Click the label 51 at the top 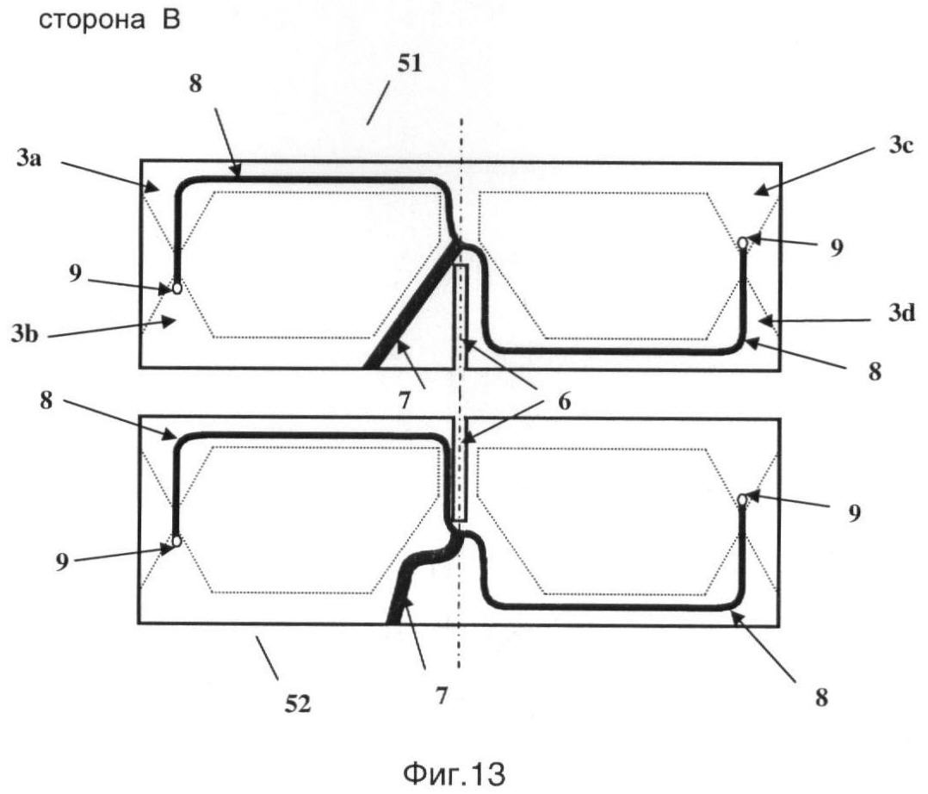coord(410,63)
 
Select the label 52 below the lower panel coord(297,704)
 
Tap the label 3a coord(29,158)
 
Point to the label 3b coord(25,334)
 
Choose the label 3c coord(901,146)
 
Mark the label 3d coord(901,312)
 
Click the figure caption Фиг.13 coord(454,773)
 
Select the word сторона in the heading coord(91,20)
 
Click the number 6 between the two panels coord(565,401)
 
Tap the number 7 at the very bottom coord(442,696)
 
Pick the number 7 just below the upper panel coord(405,401)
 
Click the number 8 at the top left coord(195,84)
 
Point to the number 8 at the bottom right coord(821,698)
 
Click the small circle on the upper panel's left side coord(177,288)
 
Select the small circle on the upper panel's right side coord(742,243)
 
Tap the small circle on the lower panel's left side coord(176,541)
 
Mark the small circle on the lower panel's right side coord(741,500)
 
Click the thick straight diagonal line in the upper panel coord(411,304)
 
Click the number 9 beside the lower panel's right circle coord(854,512)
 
